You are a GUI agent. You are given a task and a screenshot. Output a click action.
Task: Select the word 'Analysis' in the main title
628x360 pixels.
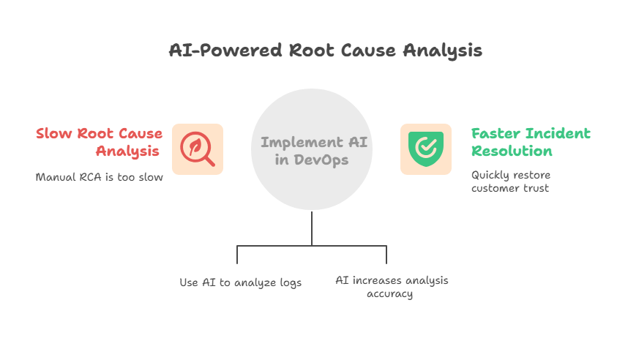446,50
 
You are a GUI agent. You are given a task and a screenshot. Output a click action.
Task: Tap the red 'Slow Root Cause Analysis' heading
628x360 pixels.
100,142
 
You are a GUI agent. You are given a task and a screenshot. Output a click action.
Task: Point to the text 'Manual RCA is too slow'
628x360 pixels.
99,176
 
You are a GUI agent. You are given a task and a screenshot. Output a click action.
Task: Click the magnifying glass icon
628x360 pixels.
198,149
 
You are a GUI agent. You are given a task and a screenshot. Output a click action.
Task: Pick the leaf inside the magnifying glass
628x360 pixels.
195,146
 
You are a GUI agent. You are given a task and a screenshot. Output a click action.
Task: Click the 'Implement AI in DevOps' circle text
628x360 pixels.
312,150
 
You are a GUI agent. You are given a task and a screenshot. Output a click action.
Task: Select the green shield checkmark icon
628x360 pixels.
426,149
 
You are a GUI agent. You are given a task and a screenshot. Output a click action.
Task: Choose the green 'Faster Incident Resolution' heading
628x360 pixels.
530,142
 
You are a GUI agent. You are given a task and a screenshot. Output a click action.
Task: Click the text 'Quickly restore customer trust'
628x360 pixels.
510,182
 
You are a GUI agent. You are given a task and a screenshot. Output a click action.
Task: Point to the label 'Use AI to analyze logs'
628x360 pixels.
240,282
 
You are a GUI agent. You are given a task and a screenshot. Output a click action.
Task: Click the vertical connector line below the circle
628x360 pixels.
312,228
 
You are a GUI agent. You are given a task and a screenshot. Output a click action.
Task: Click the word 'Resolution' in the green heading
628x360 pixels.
512,151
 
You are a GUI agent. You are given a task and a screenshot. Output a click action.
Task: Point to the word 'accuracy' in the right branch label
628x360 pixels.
391,294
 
